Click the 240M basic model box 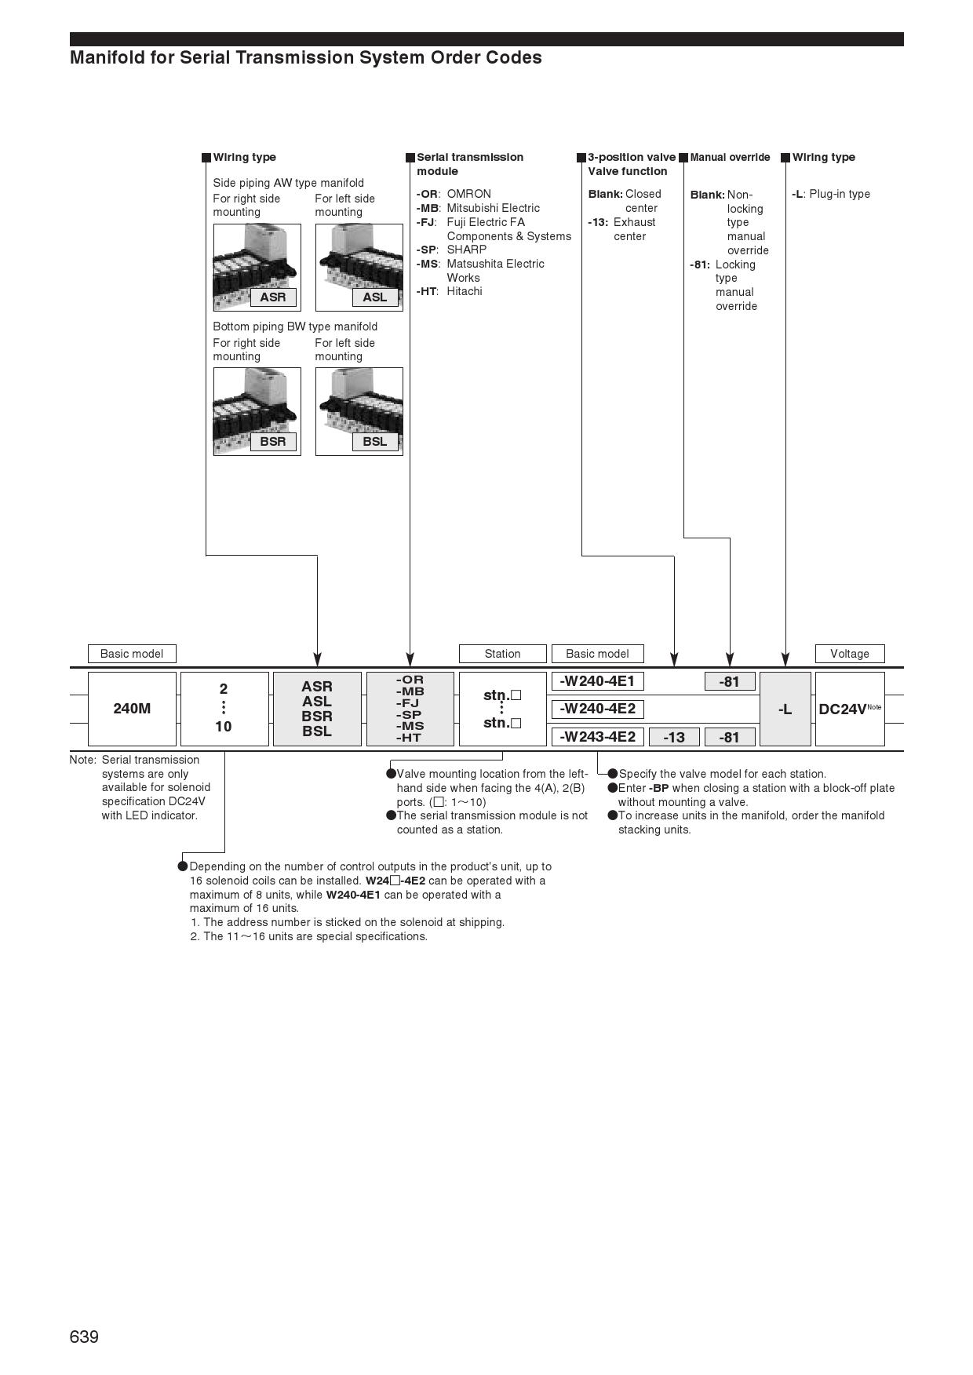(132, 709)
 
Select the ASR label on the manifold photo (273, 297)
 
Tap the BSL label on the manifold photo (375, 441)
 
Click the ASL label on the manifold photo (375, 297)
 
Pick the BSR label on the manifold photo (273, 441)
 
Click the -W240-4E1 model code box (597, 681)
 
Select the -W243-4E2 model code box (597, 737)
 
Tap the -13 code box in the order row (674, 737)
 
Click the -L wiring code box (785, 709)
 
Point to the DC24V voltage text (842, 709)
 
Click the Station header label (502, 654)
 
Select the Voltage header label (850, 654)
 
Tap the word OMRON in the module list (468, 194)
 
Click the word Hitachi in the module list (465, 291)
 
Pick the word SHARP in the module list (467, 250)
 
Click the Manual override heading (730, 157)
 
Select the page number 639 (84, 1337)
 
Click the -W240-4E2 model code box (597, 709)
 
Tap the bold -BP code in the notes (659, 788)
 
